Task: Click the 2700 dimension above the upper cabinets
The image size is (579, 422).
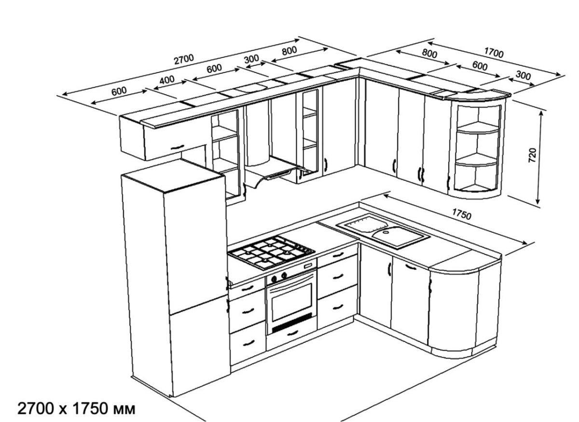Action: (x=184, y=58)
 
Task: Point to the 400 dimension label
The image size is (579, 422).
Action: (x=166, y=80)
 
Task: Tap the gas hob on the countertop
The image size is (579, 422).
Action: (x=271, y=252)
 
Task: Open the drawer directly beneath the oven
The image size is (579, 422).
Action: (x=291, y=333)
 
